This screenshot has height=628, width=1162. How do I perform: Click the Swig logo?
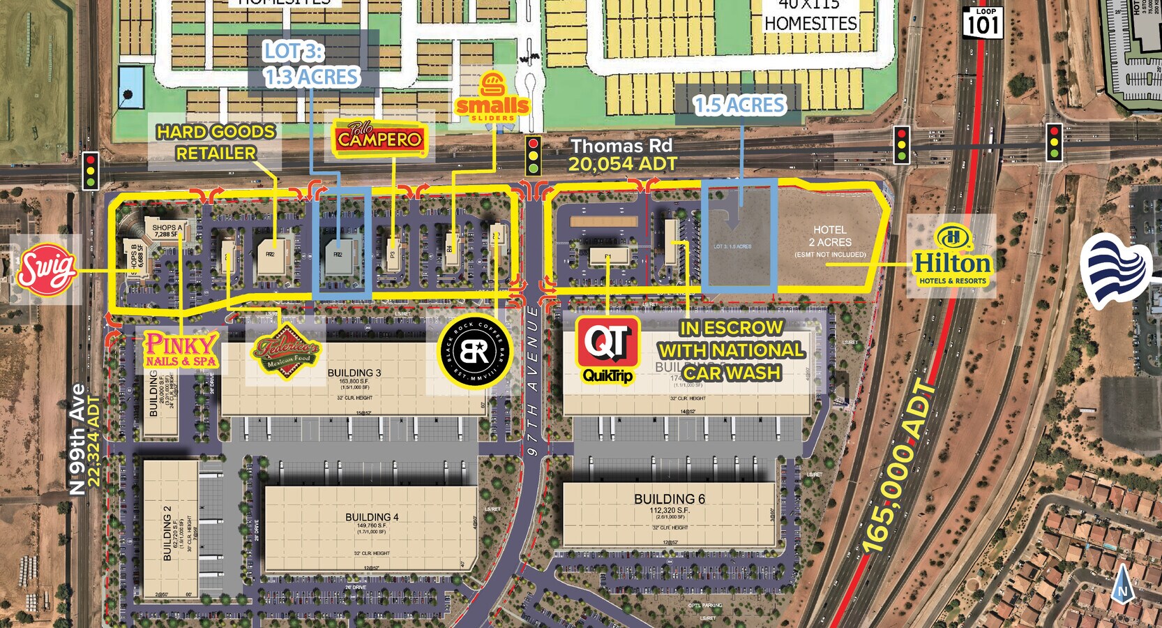click(46, 269)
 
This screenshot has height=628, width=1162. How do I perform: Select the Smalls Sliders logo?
click(492, 98)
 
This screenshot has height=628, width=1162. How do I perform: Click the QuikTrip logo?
click(608, 350)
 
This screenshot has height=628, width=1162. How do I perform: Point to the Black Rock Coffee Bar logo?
click(474, 352)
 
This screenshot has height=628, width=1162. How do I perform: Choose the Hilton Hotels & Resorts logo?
click(952, 256)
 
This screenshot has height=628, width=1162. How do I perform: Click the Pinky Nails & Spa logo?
click(181, 350)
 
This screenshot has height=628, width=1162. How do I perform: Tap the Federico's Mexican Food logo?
click(286, 352)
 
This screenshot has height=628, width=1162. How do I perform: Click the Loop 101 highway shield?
click(983, 22)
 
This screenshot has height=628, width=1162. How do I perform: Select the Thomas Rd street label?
click(621, 146)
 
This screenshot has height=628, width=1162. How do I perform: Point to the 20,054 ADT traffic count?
click(622, 165)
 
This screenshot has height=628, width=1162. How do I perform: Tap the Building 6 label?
click(669, 499)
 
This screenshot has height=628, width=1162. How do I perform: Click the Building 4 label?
click(372, 517)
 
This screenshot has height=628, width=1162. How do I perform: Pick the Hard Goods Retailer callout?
click(216, 142)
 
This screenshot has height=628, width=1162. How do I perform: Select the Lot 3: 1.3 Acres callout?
click(312, 64)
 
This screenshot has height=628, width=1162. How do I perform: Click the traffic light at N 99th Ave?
click(91, 170)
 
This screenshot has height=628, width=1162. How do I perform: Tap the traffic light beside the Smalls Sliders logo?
click(534, 156)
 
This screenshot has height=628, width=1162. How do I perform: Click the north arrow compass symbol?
click(1122, 585)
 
